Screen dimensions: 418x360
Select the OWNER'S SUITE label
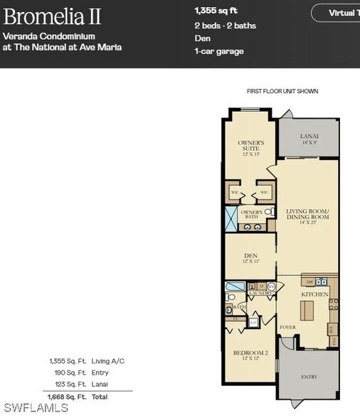(251, 147)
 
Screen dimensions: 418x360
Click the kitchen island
(307, 311)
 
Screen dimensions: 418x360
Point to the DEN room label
(250, 257)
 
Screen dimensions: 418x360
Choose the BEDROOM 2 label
(250, 355)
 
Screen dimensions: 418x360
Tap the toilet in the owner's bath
(269, 212)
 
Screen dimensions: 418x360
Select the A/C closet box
(253, 322)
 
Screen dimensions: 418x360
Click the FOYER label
(287, 328)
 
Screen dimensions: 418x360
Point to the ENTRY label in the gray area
(309, 377)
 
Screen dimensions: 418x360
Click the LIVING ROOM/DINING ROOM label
(307, 215)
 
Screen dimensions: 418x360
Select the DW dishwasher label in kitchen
(308, 282)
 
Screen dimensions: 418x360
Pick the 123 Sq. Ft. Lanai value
(68, 384)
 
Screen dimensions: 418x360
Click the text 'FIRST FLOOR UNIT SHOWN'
(282, 92)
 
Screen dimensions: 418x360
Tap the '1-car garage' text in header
(218, 51)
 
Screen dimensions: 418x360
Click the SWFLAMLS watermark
(35, 408)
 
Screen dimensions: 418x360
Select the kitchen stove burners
(332, 306)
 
